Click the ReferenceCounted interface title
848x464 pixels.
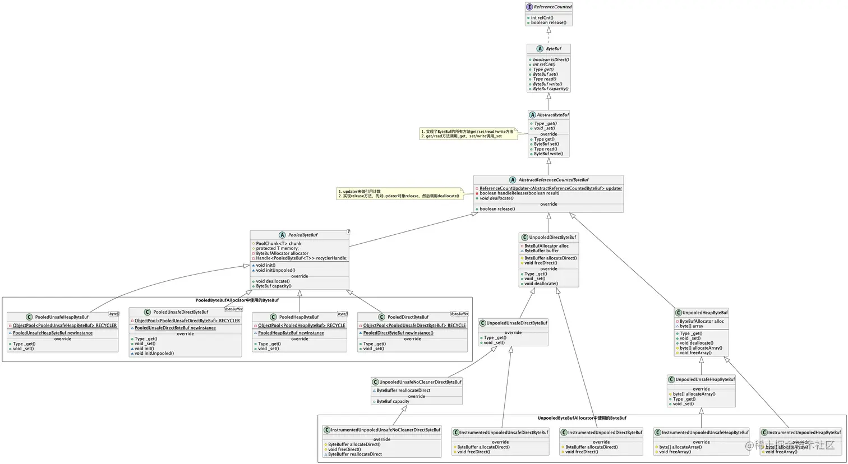click(x=552, y=7)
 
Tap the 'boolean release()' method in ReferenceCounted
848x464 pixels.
click(x=549, y=23)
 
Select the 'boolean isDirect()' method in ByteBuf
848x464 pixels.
click(x=551, y=59)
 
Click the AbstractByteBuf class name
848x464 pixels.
click(x=552, y=115)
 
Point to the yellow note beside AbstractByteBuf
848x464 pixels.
click(x=467, y=134)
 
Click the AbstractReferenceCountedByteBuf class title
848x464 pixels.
click(x=553, y=180)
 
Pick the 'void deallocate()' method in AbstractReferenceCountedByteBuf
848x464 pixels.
click(x=496, y=198)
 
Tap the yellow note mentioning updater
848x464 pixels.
click(x=399, y=194)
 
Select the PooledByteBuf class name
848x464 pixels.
click(x=303, y=235)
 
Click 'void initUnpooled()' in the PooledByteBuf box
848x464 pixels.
click(x=275, y=270)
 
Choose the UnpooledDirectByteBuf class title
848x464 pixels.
click(x=552, y=238)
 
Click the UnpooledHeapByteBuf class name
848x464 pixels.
click(x=705, y=313)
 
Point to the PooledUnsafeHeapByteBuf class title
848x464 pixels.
click(x=62, y=317)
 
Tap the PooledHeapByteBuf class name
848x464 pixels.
click(x=299, y=317)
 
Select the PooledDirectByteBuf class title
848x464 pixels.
click(x=408, y=317)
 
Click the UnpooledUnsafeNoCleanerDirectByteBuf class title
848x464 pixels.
click(x=420, y=382)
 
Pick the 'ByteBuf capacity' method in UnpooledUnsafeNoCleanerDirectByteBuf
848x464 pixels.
click(x=393, y=401)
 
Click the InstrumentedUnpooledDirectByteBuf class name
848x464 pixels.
click(x=605, y=433)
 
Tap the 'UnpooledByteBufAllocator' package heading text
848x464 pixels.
click(x=582, y=418)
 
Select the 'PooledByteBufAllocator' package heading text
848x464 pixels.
click(x=237, y=300)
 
